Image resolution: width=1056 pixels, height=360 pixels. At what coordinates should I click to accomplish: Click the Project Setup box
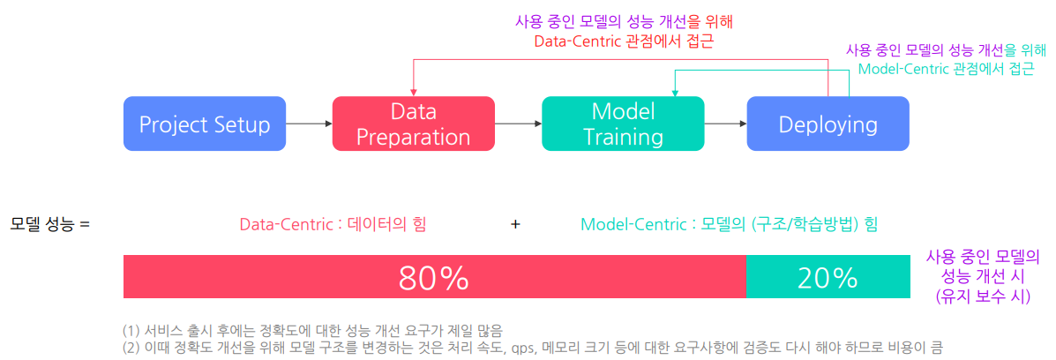205,124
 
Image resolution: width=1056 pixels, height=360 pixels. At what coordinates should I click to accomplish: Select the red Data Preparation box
414,124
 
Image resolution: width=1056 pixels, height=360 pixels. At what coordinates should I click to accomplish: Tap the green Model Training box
623,124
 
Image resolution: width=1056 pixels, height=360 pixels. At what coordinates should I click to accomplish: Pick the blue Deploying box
828,124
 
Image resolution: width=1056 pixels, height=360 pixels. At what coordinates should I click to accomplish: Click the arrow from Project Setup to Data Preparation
309,124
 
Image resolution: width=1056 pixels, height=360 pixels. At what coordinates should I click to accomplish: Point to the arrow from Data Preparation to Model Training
519,124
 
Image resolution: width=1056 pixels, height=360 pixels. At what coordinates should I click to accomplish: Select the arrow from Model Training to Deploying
725,124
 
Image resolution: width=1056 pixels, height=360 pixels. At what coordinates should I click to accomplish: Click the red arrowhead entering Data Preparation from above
413,92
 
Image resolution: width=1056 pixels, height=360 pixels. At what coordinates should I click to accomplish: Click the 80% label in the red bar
434,277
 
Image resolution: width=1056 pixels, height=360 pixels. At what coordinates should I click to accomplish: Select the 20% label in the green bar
827,277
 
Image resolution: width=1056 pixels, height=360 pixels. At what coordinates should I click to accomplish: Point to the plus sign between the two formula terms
515,224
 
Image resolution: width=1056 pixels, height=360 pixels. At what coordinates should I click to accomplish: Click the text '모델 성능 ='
49,224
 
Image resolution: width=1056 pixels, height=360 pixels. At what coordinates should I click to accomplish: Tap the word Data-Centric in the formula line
274,224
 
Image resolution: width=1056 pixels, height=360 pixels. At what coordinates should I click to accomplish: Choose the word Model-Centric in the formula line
622,224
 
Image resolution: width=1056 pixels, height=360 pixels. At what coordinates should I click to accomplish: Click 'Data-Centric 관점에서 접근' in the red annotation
624,41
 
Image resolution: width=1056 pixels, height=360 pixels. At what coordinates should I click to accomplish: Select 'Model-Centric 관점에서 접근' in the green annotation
947,69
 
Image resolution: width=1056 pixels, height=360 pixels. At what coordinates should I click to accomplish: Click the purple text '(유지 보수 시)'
984,296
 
